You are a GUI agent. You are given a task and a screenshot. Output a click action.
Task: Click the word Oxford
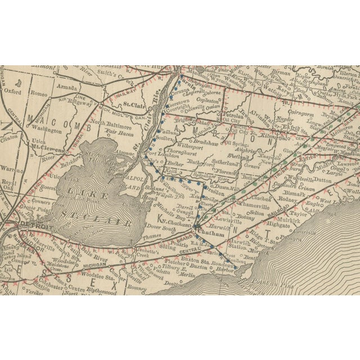12,90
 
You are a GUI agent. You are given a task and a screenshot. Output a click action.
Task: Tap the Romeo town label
39,93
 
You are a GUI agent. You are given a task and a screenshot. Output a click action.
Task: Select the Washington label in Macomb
46,129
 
